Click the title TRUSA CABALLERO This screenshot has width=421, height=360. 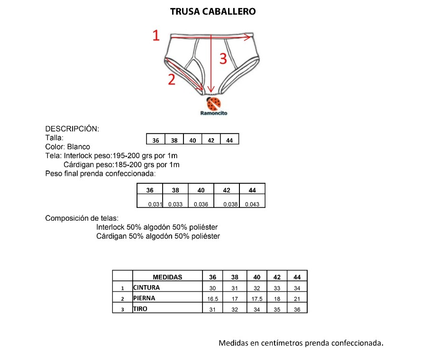click(213, 11)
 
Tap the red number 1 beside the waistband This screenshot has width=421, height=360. click(156, 36)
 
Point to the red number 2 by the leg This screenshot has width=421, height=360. click(172, 80)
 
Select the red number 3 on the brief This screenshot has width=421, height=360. click(223, 59)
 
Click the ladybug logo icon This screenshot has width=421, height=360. click(214, 103)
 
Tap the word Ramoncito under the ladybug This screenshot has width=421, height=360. click(214, 113)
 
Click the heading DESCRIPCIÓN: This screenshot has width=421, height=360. click(72, 129)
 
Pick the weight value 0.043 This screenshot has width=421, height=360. click(252, 204)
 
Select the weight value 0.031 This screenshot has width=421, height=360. click(156, 204)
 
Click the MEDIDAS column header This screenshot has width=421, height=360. click(167, 277)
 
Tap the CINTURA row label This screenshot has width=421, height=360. click(146, 288)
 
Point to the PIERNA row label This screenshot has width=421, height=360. click(144, 298)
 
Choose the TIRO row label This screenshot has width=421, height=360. click(140, 309)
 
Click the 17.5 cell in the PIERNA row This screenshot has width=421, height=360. click(256, 299)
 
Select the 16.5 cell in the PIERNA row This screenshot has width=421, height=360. click(213, 299)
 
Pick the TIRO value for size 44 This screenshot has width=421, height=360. click(297, 309)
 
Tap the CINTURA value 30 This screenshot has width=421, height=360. click(213, 288)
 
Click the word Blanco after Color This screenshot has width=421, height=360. click(78, 147)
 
